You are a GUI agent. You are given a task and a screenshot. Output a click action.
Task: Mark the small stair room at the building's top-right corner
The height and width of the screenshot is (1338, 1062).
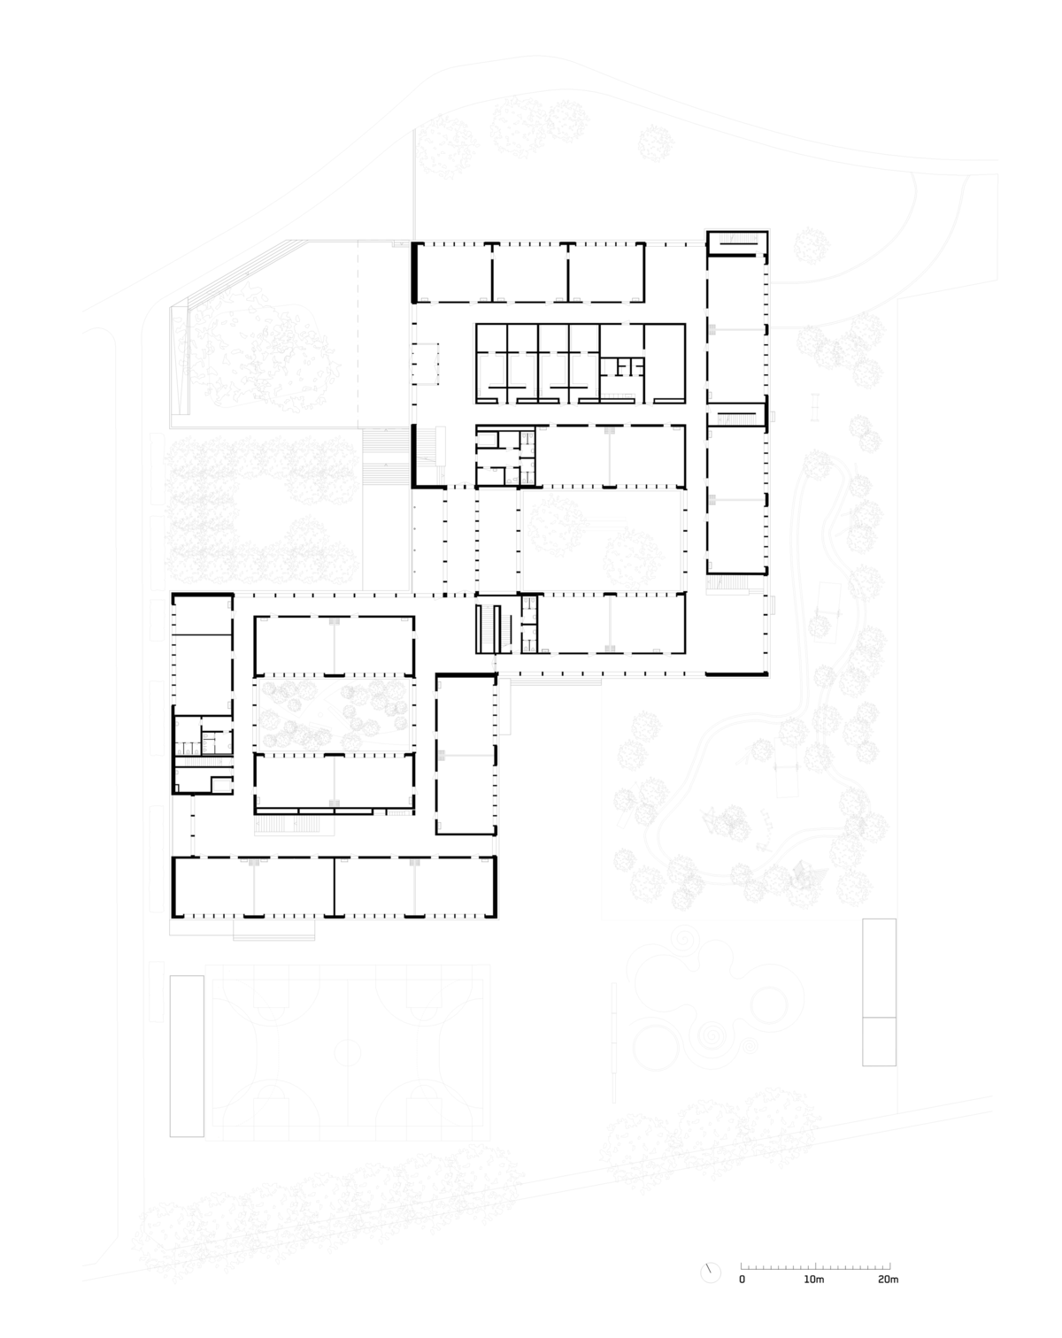tap(737, 243)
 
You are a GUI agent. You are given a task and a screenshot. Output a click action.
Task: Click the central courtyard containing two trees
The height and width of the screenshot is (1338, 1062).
tap(602, 541)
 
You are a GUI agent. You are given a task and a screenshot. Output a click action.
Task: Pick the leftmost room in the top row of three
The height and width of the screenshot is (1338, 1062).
tap(453, 272)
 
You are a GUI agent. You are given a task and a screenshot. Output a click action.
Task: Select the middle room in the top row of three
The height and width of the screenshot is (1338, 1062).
tap(530, 272)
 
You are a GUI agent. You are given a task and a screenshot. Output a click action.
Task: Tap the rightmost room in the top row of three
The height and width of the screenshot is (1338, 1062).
tap(606, 272)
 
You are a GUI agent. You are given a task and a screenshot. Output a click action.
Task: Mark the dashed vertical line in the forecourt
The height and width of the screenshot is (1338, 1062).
tap(358, 334)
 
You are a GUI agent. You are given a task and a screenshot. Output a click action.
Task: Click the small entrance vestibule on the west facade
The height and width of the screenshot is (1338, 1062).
tap(426, 363)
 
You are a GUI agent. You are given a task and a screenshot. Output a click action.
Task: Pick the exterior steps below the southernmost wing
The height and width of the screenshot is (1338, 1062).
tap(273, 930)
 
